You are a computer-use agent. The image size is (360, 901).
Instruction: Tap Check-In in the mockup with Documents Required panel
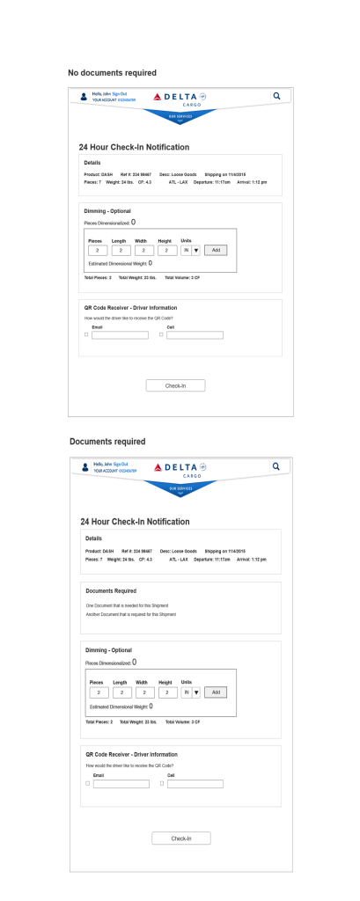coord(180,838)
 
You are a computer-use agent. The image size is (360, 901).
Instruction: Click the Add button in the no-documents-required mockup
coord(216,250)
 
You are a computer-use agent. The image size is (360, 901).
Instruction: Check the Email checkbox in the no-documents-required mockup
coord(86,335)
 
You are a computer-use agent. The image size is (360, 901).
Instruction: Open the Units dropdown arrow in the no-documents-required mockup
coord(195,250)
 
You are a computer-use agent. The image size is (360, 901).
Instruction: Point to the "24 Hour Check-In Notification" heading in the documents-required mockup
coord(136,521)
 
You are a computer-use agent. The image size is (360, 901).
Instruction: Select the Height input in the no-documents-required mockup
coord(166,250)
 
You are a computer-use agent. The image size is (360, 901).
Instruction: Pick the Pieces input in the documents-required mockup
coord(98,692)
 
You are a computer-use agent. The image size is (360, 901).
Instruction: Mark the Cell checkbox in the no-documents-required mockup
coord(161,335)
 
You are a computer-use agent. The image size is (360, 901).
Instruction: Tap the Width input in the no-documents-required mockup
coord(143,250)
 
